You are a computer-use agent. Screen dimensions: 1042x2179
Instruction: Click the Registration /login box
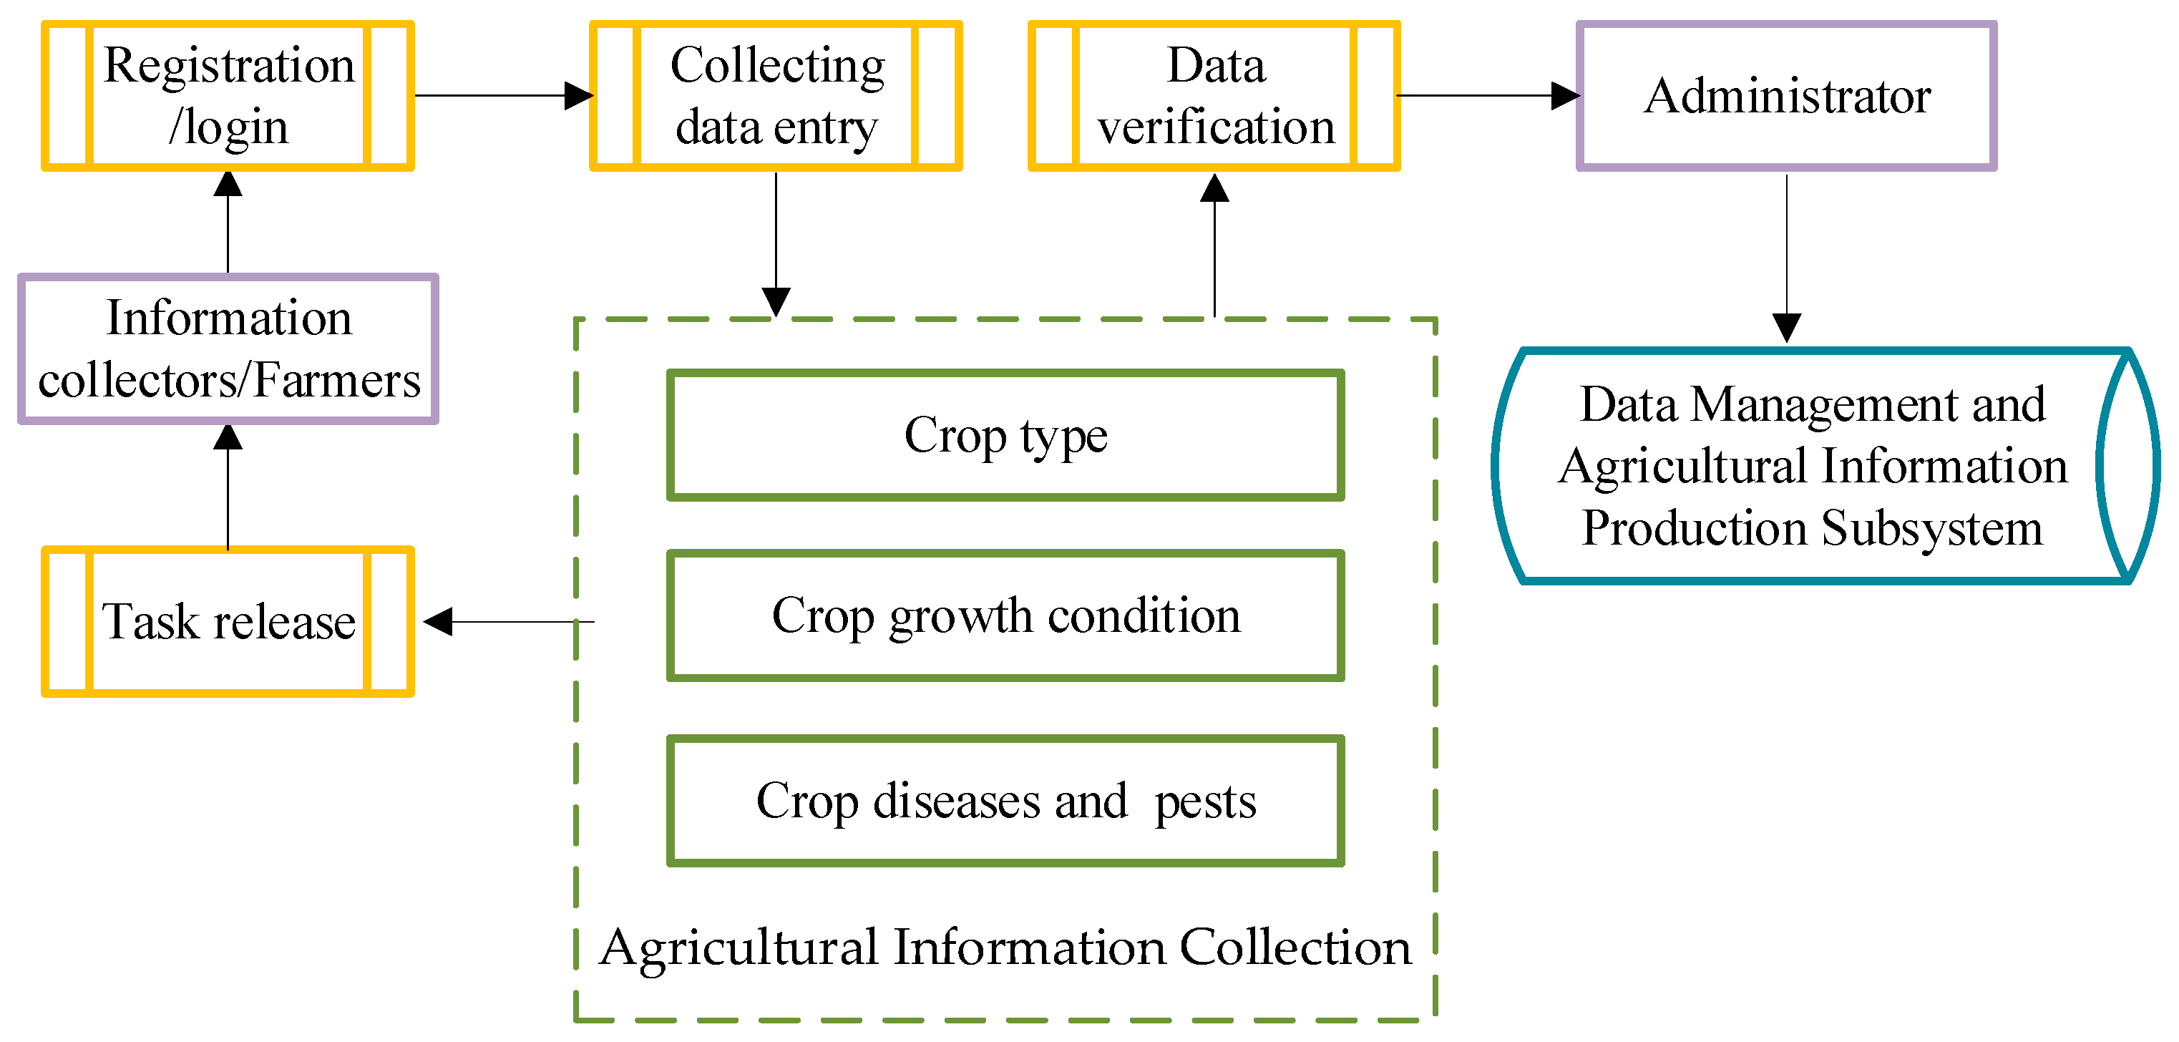point(228,96)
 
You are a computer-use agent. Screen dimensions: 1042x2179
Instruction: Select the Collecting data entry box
point(776,96)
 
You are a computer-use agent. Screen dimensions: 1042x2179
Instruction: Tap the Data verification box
point(1214,96)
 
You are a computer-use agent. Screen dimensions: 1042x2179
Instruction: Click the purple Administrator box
point(1787,96)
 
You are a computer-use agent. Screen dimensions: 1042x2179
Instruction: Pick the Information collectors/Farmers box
point(228,349)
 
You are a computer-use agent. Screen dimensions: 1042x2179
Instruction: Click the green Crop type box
point(1005,434)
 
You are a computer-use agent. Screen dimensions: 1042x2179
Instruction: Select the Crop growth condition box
point(1005,615)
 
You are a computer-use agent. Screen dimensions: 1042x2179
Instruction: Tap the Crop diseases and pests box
point(1005,800)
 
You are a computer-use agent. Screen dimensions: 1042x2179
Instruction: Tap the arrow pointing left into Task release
point(507,622)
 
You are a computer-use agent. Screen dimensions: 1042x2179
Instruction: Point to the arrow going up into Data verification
point(1214,245)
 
